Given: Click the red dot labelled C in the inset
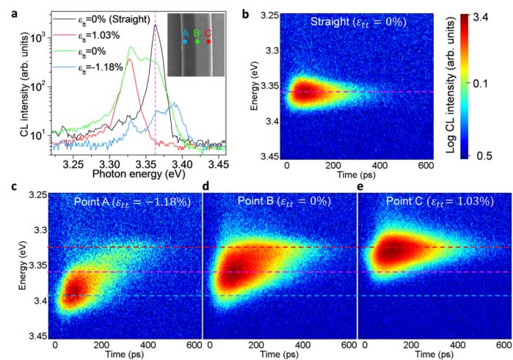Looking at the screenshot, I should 208,41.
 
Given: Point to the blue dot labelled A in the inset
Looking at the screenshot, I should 184,42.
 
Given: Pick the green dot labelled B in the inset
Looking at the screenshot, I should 197,42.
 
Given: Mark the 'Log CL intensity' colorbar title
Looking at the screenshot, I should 449,86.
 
